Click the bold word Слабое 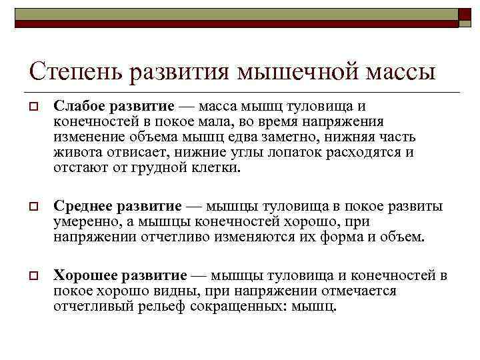point(80,107)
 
